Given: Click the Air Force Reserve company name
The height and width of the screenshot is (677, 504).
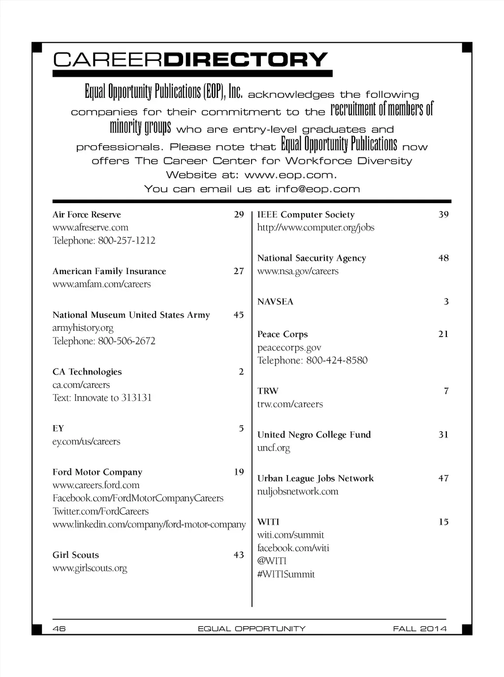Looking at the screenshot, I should click(87, 215).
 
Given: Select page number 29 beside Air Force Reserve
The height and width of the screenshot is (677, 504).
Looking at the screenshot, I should click(239, 214).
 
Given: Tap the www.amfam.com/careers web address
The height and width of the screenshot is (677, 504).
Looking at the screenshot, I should click(101, 284).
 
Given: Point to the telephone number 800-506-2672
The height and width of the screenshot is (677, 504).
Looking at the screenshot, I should click(126, 341).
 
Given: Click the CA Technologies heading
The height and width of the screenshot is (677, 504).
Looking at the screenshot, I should click(87, 372).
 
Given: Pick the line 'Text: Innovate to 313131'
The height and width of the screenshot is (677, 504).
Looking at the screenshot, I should click(102, 398).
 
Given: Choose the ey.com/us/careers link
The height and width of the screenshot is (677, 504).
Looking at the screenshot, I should click(86, 441).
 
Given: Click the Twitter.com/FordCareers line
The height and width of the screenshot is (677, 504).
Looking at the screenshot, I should click(100, 511).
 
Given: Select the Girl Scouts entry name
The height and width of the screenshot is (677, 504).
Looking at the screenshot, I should click(76, 555).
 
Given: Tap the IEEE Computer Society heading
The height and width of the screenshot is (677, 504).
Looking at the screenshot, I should click(306, 215).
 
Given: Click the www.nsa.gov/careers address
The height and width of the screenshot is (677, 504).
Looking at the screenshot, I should click(298, 271).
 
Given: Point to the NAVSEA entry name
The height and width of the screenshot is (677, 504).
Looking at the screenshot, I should click(275, 302).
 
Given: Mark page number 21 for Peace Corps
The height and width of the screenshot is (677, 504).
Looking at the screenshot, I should click(443, 334).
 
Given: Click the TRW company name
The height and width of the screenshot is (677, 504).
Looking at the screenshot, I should click(268, 391).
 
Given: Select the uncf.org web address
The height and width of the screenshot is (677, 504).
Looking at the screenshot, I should click(274, 448).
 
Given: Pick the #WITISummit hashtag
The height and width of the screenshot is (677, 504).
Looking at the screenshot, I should click(286, 574).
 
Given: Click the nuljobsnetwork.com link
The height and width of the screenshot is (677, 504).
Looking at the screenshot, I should click(298, 491).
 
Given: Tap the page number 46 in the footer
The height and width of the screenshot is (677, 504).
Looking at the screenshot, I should click(59, 628).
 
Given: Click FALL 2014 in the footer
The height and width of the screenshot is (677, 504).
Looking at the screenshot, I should click(420, 628).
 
